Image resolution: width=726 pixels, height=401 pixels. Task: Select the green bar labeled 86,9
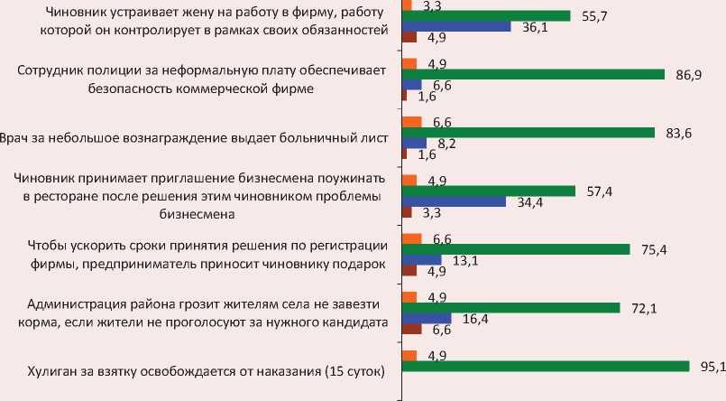click(x=532, y=74)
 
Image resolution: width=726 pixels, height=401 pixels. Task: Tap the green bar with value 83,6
click(x=528, y=132)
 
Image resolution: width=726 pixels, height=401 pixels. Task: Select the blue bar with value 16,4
click(x=426, y=318)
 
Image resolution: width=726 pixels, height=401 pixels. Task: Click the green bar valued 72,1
click(x=510, y=307)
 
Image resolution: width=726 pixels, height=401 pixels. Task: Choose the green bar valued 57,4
click(x=488, y=191)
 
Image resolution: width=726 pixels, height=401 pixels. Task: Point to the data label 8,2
click(x=445, y=143)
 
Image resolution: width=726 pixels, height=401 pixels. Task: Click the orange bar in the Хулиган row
click(x=409, y=355)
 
